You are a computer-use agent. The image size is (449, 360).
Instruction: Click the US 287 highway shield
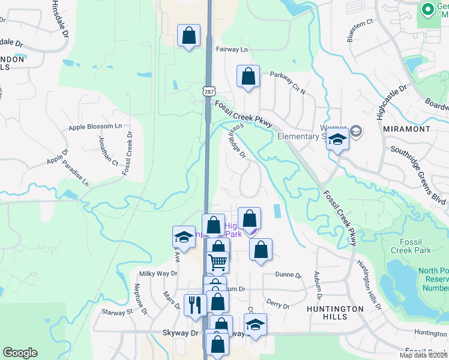(208, 91)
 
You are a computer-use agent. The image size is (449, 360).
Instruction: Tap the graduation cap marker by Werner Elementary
(337, 141)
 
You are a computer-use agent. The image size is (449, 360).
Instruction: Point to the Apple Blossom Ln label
(95, 127)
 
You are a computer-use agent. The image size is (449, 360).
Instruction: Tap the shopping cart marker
(217, 262)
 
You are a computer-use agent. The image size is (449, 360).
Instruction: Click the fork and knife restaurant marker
(194, 304)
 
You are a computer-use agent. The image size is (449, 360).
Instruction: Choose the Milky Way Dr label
(158, 274)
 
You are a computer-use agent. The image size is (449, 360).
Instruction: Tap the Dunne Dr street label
(288, 275)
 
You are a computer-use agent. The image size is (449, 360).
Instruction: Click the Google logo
(20, 353)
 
